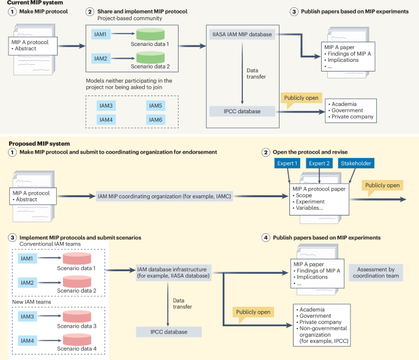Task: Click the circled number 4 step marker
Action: click(265, 237)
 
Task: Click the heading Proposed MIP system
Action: click(32, 143)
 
